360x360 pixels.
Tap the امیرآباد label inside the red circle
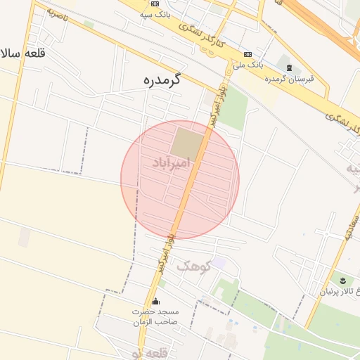pyautogui.click(x=171, y=163)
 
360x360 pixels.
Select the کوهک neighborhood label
pyautogui.click(x=193, y=266)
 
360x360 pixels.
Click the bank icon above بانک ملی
pyautogui.click(x=247, y=54)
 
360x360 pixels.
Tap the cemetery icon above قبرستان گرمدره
pyautogui.click(x=289, y=67)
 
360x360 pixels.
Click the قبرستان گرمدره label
pyautogui.click(x=289, y=78)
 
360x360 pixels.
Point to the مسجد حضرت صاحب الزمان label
pyautogui.click(x=156, y=316)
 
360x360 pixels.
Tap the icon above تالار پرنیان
pyautogui.click(x=342, y=281)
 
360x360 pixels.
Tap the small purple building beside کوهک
pyautogui.click(x=219, y=262)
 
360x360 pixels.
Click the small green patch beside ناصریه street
pyautogui.click(x=89, y=25)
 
